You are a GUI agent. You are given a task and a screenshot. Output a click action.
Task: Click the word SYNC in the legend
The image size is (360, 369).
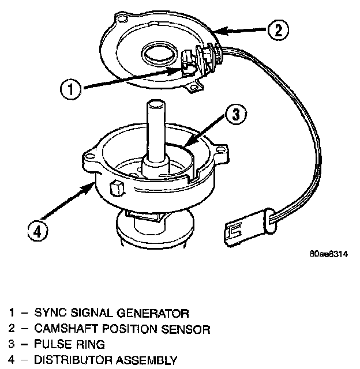pos(47,313)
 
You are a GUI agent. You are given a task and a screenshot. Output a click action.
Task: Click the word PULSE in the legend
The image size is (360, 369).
pos(50,345)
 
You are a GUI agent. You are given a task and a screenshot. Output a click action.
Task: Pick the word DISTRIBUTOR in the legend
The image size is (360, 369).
pos(70,361)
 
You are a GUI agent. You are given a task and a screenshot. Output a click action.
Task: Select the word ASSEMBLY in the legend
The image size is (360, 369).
pos(145,361)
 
